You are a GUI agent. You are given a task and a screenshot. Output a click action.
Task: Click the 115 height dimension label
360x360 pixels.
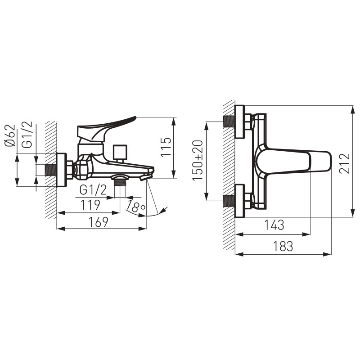pyautogui.click(x=166, y=147)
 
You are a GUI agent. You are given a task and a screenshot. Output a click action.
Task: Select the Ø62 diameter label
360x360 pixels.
pyautogui.click(x=10, y=135)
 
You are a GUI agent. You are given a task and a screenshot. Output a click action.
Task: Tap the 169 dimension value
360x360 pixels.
pyautogui.click(x=99, y=222)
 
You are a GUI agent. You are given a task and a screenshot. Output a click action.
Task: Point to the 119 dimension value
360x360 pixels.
pyautogui.click(x=90, y=205)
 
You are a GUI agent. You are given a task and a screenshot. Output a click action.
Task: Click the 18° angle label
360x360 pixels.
pyautogui.click(x=135, y=207)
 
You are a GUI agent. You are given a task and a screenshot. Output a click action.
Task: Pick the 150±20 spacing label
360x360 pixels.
pyautogui.click(x=198, y=161)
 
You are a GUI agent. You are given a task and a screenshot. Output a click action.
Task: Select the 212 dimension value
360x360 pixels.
pyautogui.click(x=345, y=163)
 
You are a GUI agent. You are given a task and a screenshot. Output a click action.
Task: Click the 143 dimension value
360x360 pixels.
pyautogui.click(x=274, y=225)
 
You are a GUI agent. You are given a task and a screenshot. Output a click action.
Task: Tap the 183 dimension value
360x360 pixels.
pyautogui.click(x=283, y=246)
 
